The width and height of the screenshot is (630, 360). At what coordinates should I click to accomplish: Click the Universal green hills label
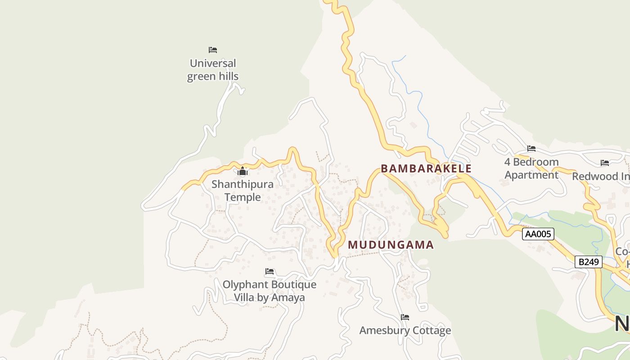pyautogui.click(x=213, y=70)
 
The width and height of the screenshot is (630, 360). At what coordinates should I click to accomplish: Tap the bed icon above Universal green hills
pyautogui.click(x=213, y=50)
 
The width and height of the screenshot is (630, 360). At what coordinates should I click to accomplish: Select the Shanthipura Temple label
pyautogui.click(x=243, y=191)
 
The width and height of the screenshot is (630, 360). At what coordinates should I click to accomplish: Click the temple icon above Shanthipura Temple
pyautogui.click(x=243, y=171)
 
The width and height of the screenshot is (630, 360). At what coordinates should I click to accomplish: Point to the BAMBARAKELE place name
pyautogui.click(x=426, y=169)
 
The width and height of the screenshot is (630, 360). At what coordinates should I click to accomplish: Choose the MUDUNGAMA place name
pyautogui.click(x=391, y=245)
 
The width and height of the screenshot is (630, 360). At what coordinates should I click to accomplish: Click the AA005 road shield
pyautogui.click(x=538, y=234)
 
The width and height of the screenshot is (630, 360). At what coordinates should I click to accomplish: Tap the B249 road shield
pyautogui.click(x=588, y=262)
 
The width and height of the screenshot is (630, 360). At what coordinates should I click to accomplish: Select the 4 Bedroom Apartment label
pyautogui.click(x=531, y=168)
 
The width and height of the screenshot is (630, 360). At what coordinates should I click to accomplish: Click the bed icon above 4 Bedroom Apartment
pyautogui.click(x=531, y=148)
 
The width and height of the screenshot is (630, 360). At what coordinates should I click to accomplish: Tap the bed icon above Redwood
pyautogui.click(x=605, y=163)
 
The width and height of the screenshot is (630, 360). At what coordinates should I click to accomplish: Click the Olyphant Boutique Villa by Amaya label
pyautogui.click(x=270, y=291)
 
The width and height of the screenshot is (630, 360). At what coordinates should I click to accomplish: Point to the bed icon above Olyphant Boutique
pyautogui.click(x=270, y=271)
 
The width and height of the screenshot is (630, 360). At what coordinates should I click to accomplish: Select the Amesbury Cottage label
pyautogui.click(x=405, y=331)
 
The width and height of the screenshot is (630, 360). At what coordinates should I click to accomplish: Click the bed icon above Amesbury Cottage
pyautogui.click(x=405, y=317)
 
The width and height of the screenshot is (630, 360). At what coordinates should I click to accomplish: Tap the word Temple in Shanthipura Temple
pyautogui.click(x=243, y=197)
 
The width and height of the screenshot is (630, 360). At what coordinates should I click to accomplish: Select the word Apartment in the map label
pyautogui.click(x=531, y=175)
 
